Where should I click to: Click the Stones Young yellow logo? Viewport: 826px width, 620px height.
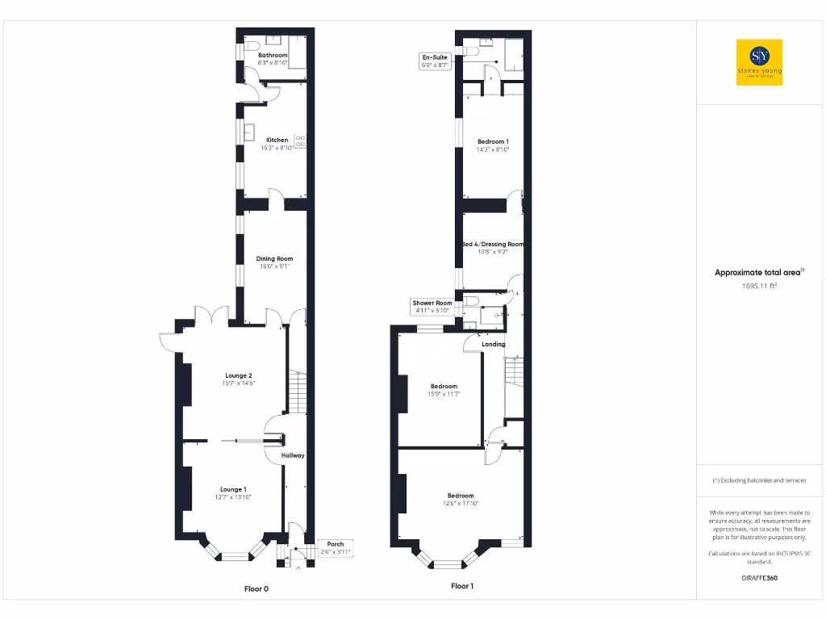coord(759,62)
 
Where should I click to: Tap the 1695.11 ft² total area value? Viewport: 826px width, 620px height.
coord(759,285)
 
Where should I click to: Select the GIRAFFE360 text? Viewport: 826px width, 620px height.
coord(759,578)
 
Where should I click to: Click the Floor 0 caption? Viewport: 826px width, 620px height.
coord(257,589)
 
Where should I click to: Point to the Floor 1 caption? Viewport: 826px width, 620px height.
coord(462,586)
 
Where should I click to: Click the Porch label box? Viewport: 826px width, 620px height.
coord(335,547)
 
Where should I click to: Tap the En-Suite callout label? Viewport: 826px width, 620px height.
coord(434,61)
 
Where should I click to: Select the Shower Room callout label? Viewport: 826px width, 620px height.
coord(432,307)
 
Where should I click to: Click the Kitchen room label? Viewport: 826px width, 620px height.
coord(277,140)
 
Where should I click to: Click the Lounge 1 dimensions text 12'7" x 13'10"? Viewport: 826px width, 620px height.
coord(233,497)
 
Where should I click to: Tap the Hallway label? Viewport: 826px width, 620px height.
coord(293,455)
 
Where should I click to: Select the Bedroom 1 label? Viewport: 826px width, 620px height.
coord(491,141)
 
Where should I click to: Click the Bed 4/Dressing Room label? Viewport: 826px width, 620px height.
coord(493,244)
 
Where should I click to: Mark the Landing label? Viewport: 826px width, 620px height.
coord(493,345)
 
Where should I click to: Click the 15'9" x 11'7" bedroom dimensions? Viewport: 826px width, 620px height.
coord(443,394)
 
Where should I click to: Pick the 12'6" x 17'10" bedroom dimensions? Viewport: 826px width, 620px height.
coord(461,504)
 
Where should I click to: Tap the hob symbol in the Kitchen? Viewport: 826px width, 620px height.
coord(300,141)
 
